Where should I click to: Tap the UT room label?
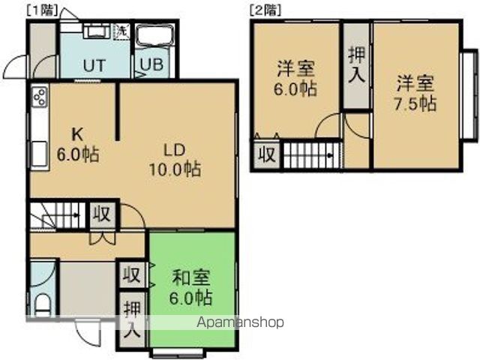tap(93, 64)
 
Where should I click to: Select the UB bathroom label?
tap(151, 64)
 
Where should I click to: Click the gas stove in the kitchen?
tap(40, 97)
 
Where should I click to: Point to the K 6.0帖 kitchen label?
tap(77, 145)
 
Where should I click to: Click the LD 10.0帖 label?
tap(175, 158)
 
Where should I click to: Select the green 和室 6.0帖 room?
tap(192, 289)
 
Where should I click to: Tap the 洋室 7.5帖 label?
tap(415, 92)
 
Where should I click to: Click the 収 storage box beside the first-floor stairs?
tap(102, 214)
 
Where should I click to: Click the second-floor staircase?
tap(309, 156)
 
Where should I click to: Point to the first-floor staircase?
tap(56, 214)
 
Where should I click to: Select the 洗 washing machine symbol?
tap(121, 32)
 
